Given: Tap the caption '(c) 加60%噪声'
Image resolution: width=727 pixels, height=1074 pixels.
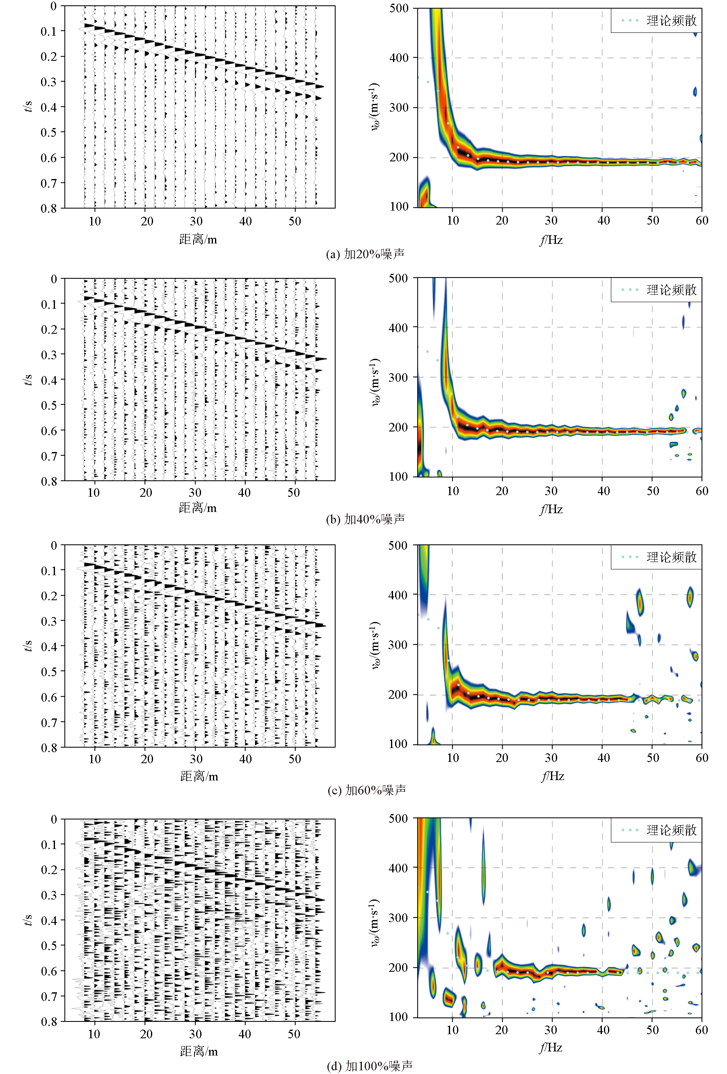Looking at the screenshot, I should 367,790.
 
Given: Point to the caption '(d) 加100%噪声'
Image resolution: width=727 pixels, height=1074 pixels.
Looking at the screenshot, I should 370,1066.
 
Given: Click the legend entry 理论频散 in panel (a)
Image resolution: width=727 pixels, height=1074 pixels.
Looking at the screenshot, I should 671,21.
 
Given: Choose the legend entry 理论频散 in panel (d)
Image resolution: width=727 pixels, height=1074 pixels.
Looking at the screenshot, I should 671,830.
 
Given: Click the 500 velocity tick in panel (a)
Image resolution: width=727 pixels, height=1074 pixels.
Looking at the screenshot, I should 399,8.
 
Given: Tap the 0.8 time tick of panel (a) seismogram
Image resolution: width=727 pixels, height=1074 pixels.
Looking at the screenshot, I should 48,209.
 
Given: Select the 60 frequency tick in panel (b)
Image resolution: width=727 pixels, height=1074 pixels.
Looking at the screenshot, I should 702,491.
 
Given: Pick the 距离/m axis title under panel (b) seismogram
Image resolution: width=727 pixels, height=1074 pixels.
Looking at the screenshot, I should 198,508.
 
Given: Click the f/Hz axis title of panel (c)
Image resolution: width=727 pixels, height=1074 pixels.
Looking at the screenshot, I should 552,776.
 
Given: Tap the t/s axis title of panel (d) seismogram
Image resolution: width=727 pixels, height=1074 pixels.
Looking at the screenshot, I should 28,920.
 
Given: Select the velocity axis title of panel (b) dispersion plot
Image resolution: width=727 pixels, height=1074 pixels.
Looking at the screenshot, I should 375,382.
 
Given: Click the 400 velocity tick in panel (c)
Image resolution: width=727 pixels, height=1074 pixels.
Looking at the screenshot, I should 398,595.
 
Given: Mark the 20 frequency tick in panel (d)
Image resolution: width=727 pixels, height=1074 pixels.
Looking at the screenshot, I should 502,1030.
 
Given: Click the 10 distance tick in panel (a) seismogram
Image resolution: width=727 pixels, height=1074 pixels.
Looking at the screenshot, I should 95,221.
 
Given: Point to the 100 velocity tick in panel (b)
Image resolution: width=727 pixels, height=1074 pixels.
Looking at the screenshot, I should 398,477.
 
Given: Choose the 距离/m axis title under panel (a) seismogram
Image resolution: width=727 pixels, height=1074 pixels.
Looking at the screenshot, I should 198,239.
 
